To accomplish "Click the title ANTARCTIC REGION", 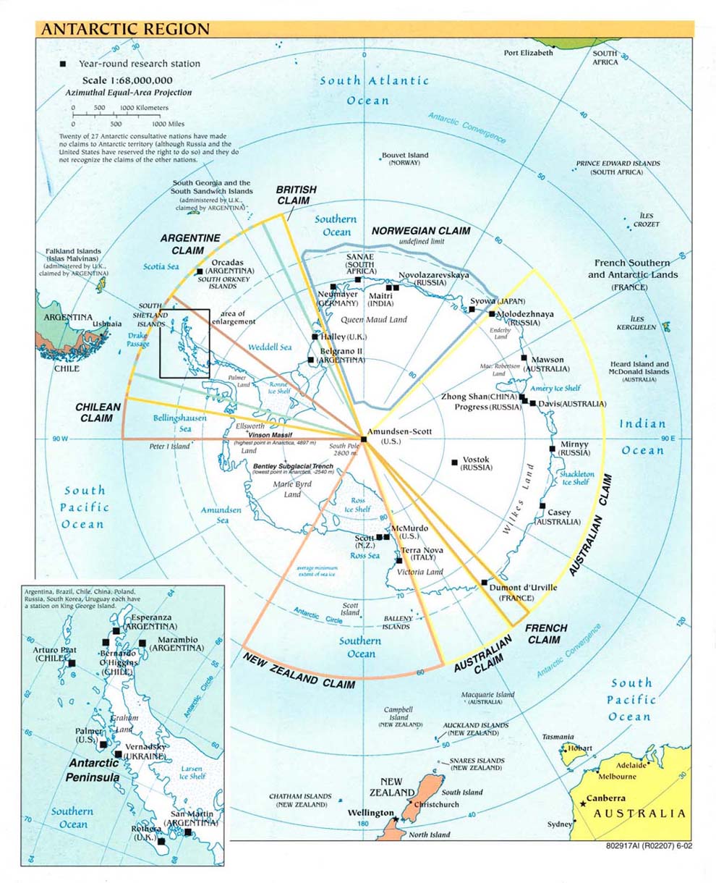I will [125, 30].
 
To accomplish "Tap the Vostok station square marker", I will [454, 462].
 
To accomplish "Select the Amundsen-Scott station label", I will [399, 431].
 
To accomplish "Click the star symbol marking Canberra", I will [582, 804].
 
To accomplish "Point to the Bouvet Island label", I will [404, 155].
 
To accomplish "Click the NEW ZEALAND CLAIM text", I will [299, 670].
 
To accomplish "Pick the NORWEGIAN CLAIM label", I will [421, 231].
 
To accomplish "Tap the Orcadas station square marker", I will [200, 271].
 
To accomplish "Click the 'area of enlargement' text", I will [233, 317].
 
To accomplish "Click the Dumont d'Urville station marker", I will [483, 582].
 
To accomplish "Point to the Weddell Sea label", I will [270, 347].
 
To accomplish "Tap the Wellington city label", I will [370, 813].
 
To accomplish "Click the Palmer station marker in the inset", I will [104, 744].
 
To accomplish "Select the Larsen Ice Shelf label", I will [192, 772].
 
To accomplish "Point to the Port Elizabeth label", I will [528, 53].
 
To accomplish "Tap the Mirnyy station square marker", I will [553, 449].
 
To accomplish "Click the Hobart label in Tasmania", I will [580, 748].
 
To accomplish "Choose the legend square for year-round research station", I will [64, 64].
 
